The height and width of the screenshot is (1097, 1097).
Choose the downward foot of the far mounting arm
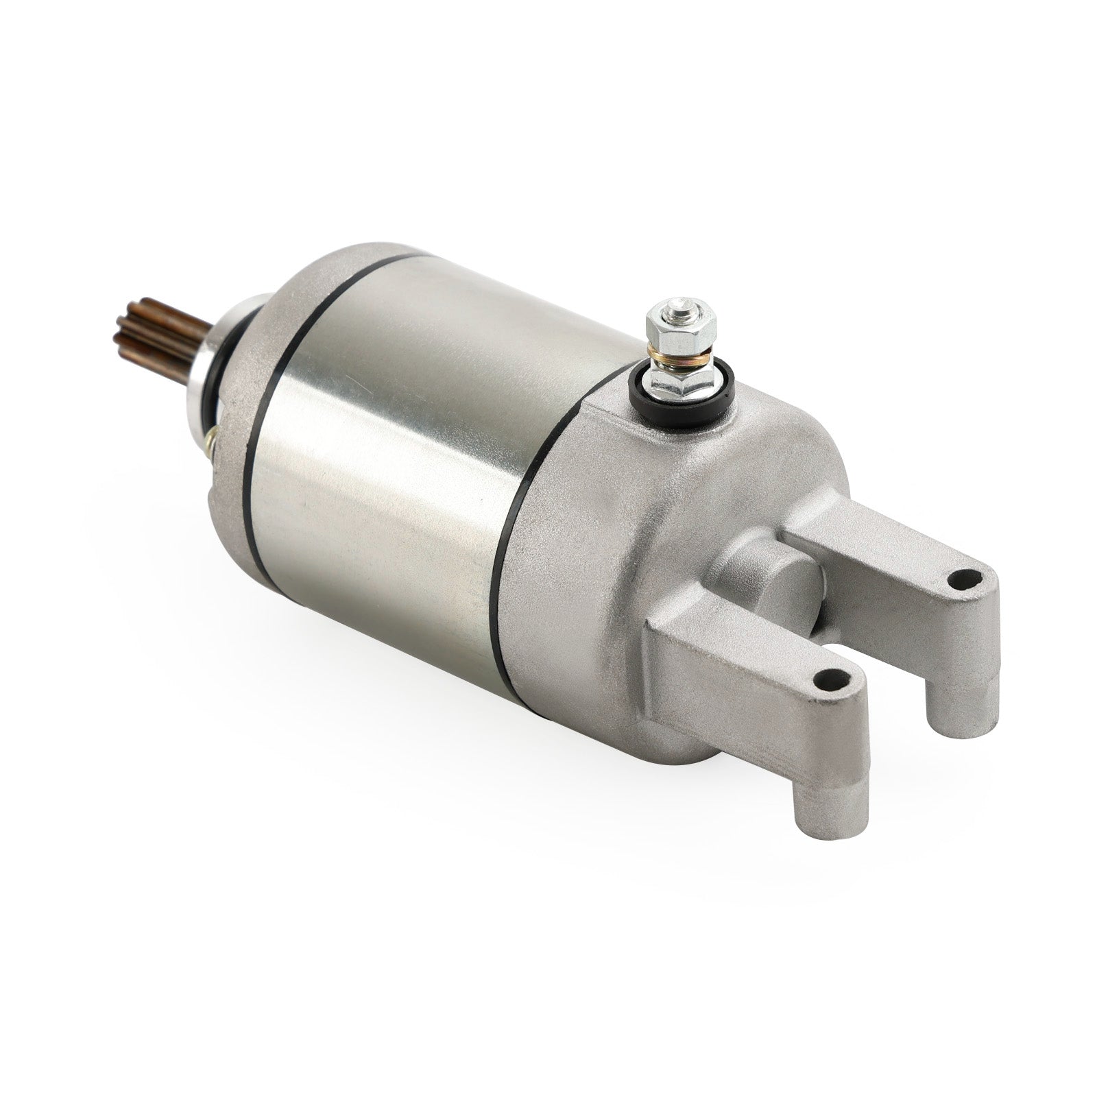click(956, 706)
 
